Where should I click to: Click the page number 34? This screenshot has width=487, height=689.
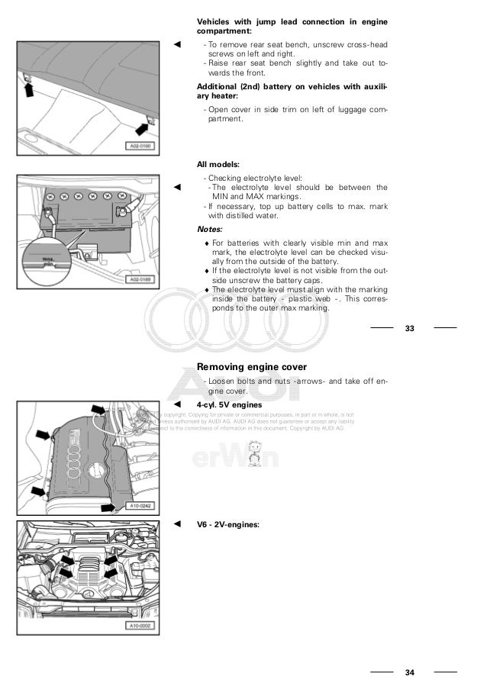[410, 672]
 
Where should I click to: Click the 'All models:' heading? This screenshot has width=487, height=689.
[218, 164]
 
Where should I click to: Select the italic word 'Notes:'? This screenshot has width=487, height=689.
[210, 229]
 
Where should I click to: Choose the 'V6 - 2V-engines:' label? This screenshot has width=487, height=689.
[228, 525]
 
